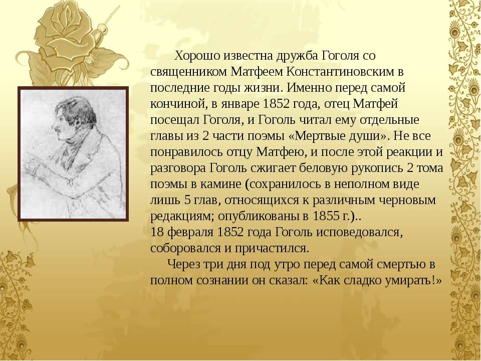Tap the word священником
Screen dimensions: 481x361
[188, 72]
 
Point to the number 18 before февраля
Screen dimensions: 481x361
[157, 232]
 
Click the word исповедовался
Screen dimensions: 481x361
[359, 233]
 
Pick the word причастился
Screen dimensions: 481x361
[272, 249]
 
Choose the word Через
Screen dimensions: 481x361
[183, 265]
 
